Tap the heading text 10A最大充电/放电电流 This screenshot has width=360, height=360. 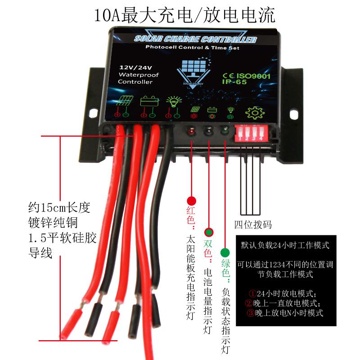pos(184,15)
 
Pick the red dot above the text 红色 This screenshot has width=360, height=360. pos(191,201)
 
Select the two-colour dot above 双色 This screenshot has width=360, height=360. pos(208,233)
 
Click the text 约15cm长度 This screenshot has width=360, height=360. pos(59,208)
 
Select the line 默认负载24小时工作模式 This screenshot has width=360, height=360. pos(285,246)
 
